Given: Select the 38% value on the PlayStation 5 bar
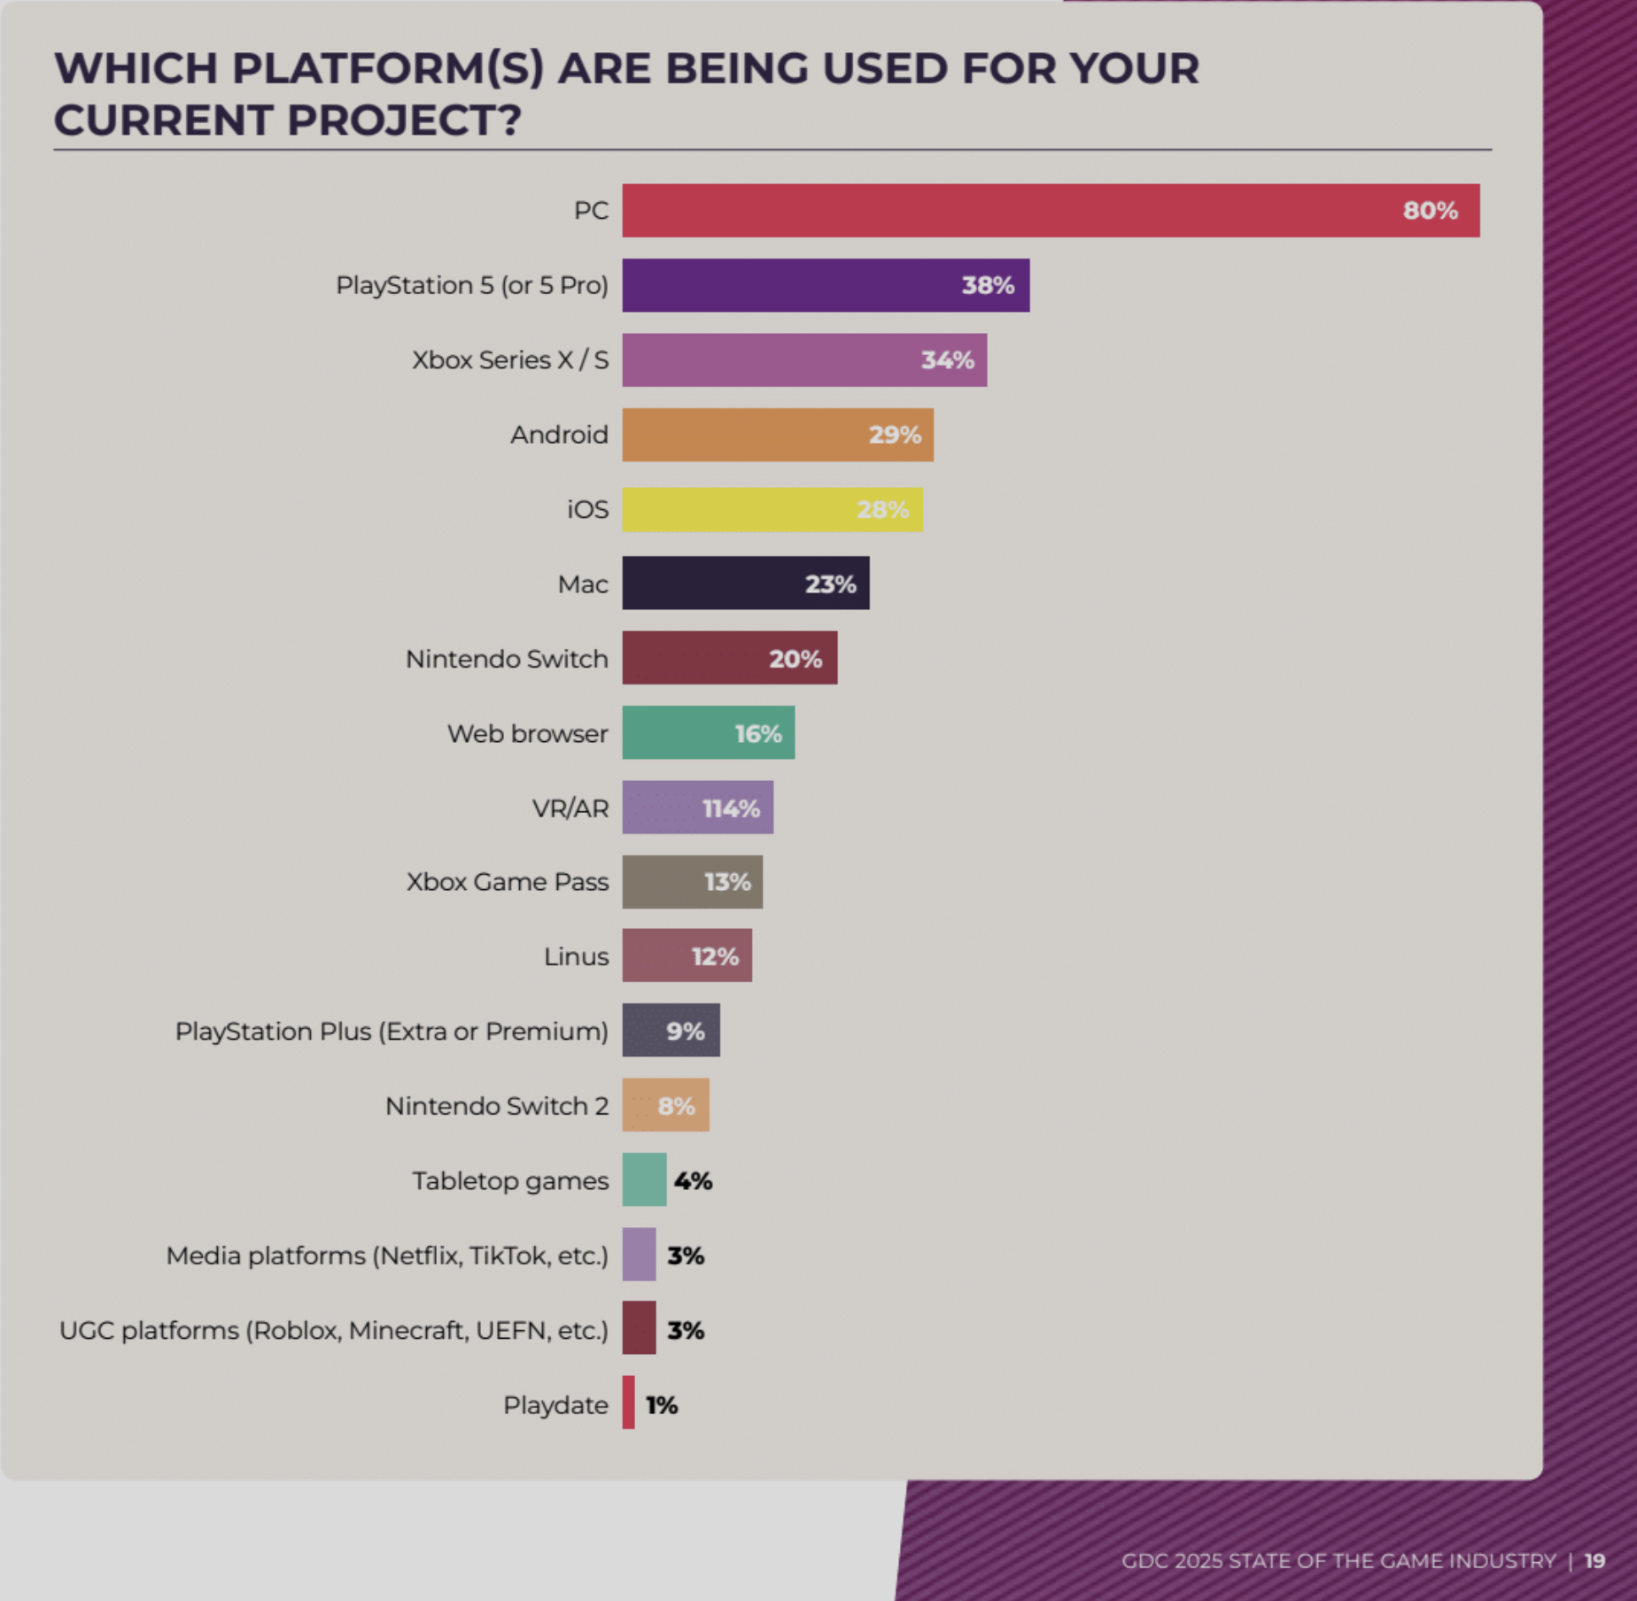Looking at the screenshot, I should (x=988, y=285).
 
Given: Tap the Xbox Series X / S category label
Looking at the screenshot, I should (x=510, y=360).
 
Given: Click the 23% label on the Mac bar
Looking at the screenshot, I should (x=830, y=584).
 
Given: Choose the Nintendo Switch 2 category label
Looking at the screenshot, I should (x=497, y=1106).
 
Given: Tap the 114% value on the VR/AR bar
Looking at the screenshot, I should (x=731, y=808).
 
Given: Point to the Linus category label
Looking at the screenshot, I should (x=576, y=957).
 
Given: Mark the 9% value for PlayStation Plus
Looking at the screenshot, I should (x=686, y=1032).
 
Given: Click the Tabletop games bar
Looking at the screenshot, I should (x=644, y=1179).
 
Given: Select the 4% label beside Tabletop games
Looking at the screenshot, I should (x=693, y=1180).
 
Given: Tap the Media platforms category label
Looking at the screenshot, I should (x=387, y=1256).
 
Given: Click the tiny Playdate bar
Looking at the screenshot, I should (x=628, y=1403).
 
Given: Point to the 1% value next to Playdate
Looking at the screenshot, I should (x=662, y=1405).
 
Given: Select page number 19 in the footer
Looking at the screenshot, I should (x=1594, y=1561).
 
